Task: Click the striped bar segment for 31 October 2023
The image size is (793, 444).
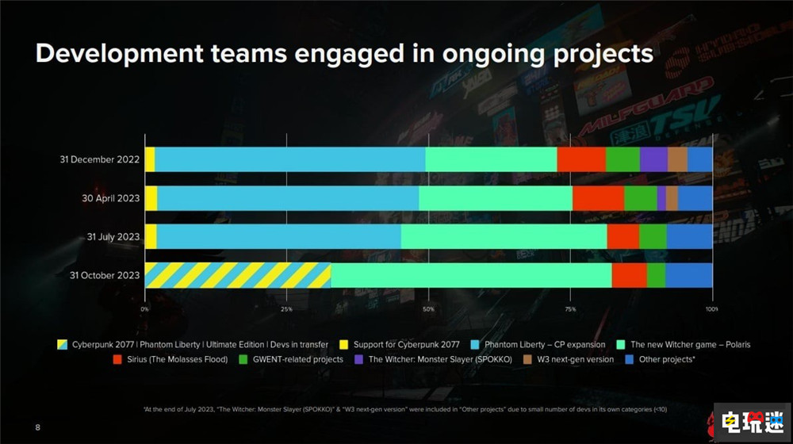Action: coord(237,275)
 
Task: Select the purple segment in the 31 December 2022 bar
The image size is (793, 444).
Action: coord(653,159)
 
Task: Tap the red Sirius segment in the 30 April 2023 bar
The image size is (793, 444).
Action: coord(598,198)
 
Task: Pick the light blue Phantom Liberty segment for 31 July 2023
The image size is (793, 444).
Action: coord(278,236)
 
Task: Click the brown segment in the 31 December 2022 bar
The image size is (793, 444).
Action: coord(677,159)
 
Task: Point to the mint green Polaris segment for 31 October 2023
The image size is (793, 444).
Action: coord(471,275)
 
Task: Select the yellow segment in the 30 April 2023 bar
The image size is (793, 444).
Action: coord(151,198)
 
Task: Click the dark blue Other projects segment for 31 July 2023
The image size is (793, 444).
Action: coord(689,236)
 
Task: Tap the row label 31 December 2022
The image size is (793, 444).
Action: coord(100,159)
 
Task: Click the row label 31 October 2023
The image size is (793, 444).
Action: coord(105,276)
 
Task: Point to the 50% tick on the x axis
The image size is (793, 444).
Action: coord(428,308)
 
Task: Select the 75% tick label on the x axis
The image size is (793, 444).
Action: coord(570,308)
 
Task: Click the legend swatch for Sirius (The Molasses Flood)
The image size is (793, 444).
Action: coord(118,359)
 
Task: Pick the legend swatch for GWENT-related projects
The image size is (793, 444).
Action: coord(244,359)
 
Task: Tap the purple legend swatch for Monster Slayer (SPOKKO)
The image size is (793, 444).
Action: coord(359,359)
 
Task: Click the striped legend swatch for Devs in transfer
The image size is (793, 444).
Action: coord(62,345)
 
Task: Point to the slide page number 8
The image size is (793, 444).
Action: coord(37,428)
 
